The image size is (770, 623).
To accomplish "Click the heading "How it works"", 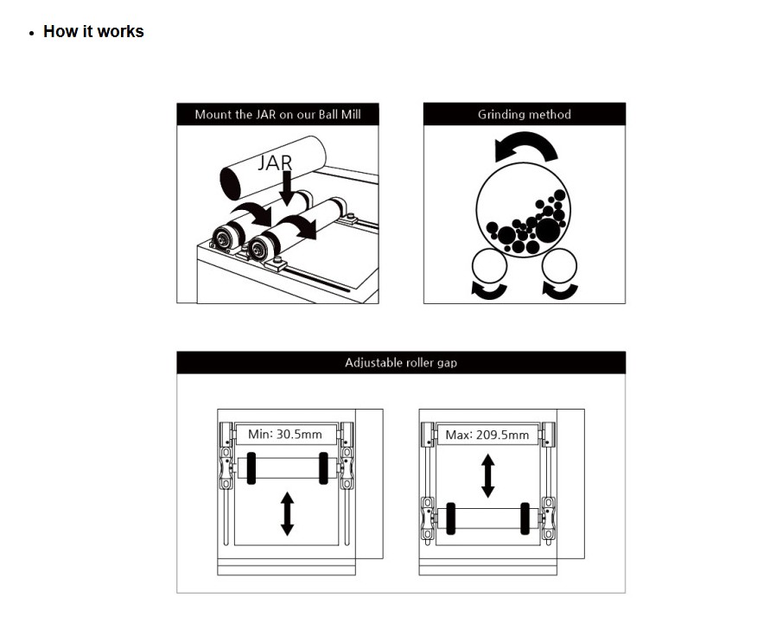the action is pyautogui.click(x=93, y=31).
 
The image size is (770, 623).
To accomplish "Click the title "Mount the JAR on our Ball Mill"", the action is pyautogui.click(x=277, y=114).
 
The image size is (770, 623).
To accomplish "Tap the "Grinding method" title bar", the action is pyautogui.click(x=524, y=114).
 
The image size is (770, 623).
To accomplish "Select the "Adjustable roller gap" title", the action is pyautogui.click(x=401, y=363).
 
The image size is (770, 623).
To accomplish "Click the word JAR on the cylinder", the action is pyautogui.click(x=275, y=163).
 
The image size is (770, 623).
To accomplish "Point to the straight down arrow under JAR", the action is pyautogui.click(x=287, y=188).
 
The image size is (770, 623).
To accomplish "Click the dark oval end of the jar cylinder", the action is pyautogui.click(x=231, y=183).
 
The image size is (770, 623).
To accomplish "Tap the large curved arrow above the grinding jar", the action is pyautogui.click(x=526, y=146).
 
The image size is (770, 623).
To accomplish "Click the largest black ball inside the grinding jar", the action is pyautogui.click(x=547, y=230).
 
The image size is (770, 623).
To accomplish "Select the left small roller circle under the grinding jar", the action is pyautogui.click(x=489, y=265).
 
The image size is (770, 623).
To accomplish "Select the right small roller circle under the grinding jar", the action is pyautogui.click(x=559, y=265).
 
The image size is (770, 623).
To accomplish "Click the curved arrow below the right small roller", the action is pyautogui.click(x=560, y=290).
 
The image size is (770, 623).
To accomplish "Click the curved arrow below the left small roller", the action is pyautogui.click(x=489, y=290).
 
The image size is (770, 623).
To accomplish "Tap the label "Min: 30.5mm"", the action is pyautogui.click(x=285, y=435).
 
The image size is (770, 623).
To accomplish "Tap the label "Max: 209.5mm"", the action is pyautogui.click(x=487, y=435).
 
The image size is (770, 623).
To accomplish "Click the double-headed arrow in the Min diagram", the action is pyautogui.click(x=287, y=514).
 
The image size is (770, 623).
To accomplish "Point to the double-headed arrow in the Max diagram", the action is pyautogui.click(x=487, y=476).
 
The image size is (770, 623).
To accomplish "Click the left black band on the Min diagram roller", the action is pyautogui.click(x=251, y=468).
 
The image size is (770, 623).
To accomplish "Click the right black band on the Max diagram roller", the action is pyautogui.click(x=525, y=518).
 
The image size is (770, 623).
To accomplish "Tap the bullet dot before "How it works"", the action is pyautogui.click(x=32, y=34).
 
